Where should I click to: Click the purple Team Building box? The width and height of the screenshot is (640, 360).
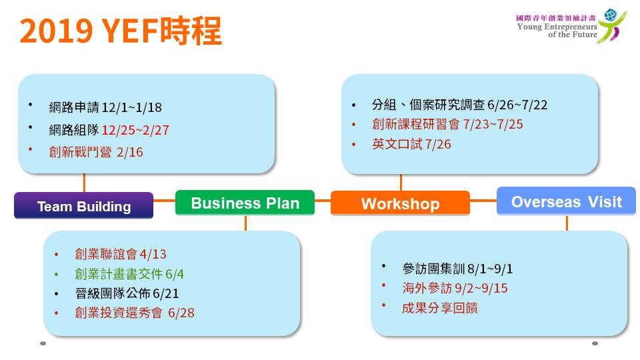(x=84, y=205)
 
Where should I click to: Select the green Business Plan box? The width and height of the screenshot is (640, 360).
(x=245, y=203)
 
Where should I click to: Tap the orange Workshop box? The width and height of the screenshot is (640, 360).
(x=400, y=203)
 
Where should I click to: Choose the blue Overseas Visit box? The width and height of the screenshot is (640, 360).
(x=566, y=201)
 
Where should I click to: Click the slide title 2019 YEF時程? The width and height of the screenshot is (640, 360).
(x=121, y=31)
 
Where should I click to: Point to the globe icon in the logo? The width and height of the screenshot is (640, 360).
(x=611, y=15)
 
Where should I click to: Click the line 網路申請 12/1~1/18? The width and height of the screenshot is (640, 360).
(x=105, y=107)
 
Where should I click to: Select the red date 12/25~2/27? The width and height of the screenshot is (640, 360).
(x=135, y=130)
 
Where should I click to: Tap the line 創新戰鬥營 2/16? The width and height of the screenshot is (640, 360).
(x=96, y=152)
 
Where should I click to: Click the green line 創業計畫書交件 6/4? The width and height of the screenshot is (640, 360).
(x=129, y=274)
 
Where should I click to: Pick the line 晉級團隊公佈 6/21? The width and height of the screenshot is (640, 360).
(x=127, y=293)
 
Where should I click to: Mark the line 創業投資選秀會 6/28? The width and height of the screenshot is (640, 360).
(x=135, y=313)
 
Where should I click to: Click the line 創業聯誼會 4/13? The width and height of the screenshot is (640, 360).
(x=121, y=254)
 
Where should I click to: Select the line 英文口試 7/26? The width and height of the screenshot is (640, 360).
(x=411, y=144)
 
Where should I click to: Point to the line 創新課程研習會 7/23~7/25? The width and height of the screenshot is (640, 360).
(x=447, y=124)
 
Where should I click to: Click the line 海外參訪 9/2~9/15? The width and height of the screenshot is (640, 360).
(x=455, y=288)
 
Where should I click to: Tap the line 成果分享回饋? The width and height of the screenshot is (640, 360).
(x=439, y=308)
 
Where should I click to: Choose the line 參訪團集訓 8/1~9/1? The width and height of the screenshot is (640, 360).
(x=457, y=269)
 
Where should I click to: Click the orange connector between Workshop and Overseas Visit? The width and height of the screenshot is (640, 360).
(x=483, y=201)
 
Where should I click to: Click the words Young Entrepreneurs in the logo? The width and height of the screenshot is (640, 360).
(x=557, y=27)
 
